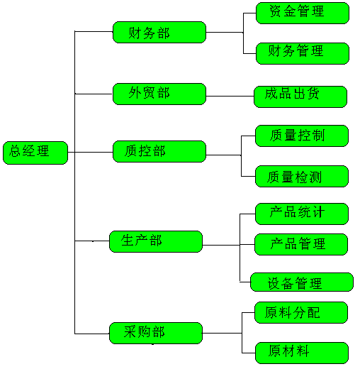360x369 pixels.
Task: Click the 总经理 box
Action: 35,153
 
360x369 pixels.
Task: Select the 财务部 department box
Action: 159,33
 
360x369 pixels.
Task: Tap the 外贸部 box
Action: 159,94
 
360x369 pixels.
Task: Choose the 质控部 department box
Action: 159,152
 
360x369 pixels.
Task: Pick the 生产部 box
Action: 156,241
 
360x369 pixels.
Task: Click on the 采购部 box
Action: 156,333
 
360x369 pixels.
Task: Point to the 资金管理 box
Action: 303,13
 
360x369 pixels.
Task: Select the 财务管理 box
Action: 303,53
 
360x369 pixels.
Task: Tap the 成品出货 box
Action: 300,97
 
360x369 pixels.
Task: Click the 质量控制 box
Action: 302,136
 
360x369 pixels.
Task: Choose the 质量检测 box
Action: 302,177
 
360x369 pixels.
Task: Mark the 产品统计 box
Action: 302,214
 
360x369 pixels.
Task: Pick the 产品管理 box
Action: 301,244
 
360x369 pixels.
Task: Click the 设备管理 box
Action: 302,282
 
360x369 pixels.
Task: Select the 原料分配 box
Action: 301,312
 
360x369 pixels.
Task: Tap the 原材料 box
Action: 302,353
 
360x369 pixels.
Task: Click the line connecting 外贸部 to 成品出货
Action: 230,96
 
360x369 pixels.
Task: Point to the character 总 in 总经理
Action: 15,151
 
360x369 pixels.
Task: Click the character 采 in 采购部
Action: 130,331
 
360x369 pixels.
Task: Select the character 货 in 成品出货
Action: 313,93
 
